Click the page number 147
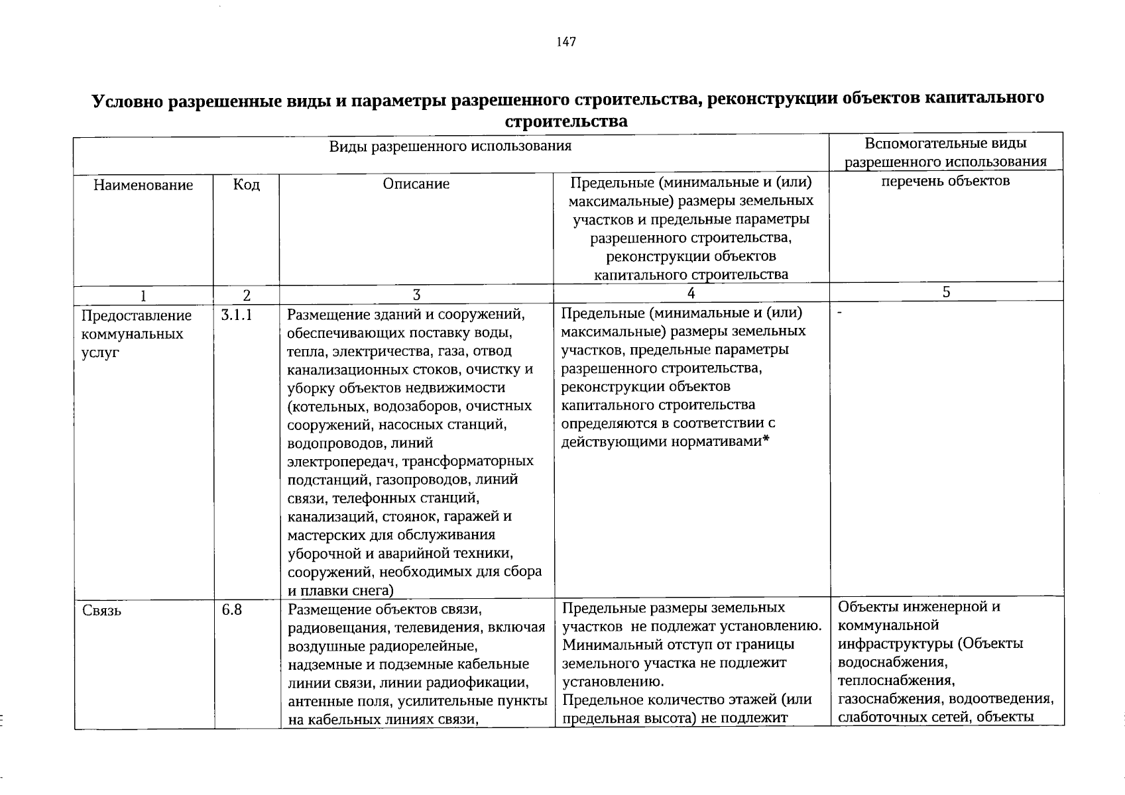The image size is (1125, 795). point(566,42)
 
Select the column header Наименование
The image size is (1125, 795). point(143,185)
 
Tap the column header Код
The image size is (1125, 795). point(247,184)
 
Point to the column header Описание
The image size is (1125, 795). point(416,184)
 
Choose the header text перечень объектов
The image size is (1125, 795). point(945,181)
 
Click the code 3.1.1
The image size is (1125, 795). point(237,315)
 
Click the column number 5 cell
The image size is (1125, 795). point(946,292)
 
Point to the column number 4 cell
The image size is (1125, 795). point(691,293)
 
